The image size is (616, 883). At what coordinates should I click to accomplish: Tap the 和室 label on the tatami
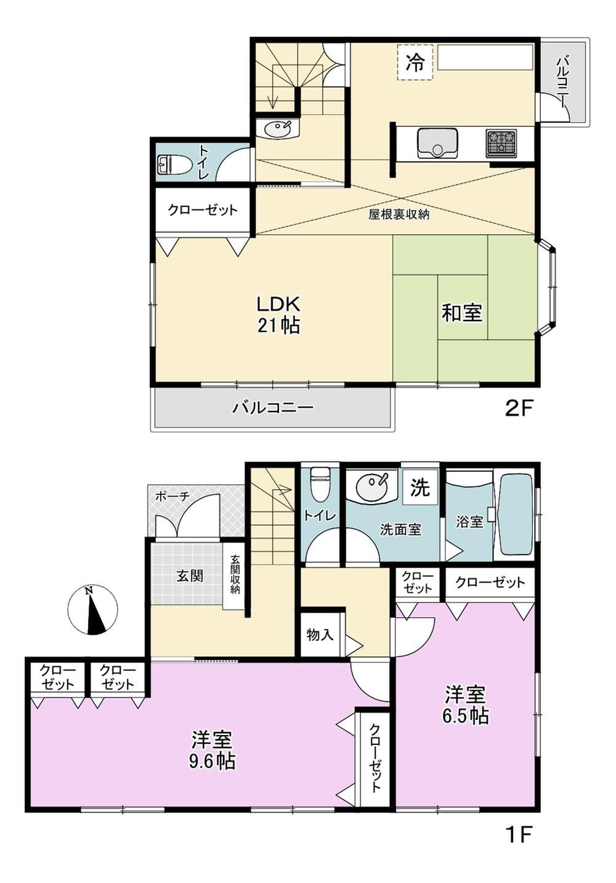tap(461, 313)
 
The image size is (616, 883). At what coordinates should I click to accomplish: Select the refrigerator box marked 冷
tap(415, 63)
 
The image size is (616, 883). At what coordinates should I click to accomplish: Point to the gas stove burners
tap(501, 140)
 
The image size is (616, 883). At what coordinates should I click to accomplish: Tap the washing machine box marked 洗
tap(420, 488)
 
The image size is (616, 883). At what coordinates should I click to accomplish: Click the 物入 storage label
tap(320, 635)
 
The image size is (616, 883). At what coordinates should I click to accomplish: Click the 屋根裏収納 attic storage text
tap(399, 214)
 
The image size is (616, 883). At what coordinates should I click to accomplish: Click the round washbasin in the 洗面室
tap(371, 487)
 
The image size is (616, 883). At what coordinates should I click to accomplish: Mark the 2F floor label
tap(519, 410)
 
